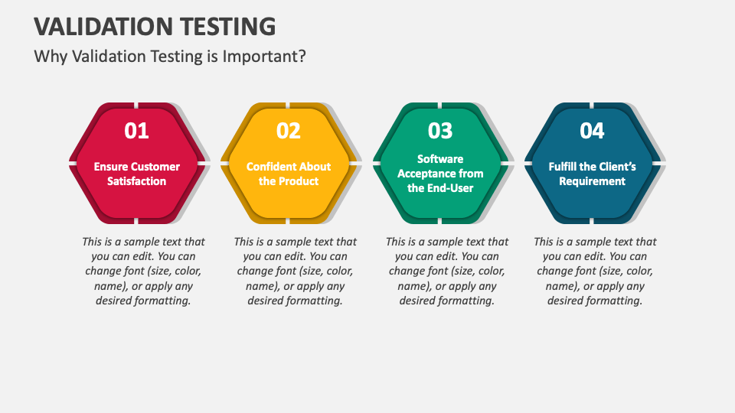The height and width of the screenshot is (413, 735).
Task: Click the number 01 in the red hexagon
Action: pyautogui.click(x=136, y=131)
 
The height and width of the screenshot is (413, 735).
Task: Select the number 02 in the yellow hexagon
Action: pyautogui.click(x=289, y=131)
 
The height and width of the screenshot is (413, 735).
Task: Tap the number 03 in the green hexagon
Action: pyautogui.click(x=440, y=131)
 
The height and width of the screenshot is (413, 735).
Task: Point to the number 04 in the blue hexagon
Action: pyautogui.click(x=592, y=131)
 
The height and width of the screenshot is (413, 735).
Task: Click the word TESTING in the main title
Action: pyautogui.click(x=228, y=27)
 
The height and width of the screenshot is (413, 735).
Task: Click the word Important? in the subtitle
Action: pyautogui.click(x=264, y=57)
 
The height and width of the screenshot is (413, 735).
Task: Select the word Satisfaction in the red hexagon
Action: pyautogui.click(x=136, y=181)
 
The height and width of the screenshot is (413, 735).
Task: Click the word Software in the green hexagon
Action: pyautogui.click(x=440, y=159)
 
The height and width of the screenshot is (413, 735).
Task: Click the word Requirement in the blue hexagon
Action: pyautogui.click(x=592, y=181)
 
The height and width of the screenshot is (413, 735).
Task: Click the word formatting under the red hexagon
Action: pyautogui.click(x=163, y=301)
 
